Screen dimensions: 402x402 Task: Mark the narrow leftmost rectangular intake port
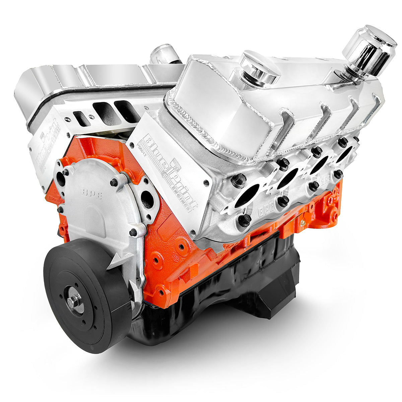click(x=81, y=119)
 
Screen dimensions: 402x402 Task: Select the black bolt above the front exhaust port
click(x=239, y=180)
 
